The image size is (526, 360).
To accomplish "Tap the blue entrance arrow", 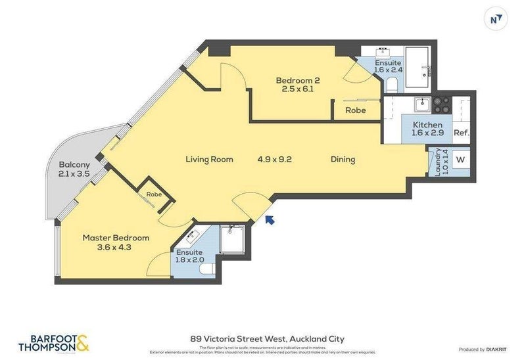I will (x=270, y=221).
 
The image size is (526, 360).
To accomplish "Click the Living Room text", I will (x=209, y=159).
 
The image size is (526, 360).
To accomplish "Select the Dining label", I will (x=343, y=159).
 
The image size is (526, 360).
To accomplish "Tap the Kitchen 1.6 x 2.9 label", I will (x=427, y=128).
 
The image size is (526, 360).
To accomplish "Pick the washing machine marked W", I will (x=460, y=160).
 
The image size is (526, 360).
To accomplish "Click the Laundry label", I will (x=436, y=162).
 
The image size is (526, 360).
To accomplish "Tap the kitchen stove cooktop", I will (x=441, y=104).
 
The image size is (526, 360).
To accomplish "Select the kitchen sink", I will (x=421, y=104).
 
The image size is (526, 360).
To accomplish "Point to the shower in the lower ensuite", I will (x=232, y=240).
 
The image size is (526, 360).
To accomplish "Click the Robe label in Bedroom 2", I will (x=356, y=110).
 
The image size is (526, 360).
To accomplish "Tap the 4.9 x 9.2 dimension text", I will (x=274, y=159).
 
